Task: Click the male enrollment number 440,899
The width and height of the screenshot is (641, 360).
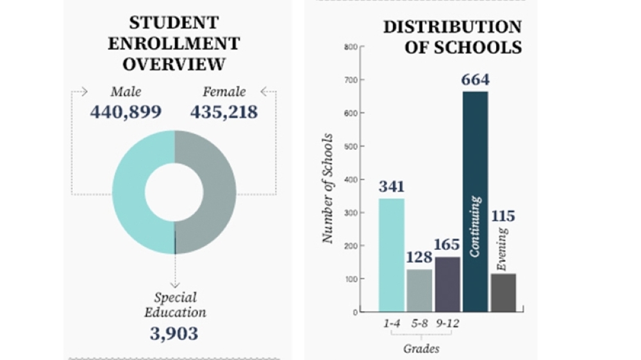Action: [x=126, y=111]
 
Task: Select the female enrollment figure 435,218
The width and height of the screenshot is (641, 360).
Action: [x=224, y=111]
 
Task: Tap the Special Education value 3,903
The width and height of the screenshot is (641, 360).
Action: [x=174, y=334]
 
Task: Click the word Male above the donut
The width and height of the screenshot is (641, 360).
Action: [x=126, y=92]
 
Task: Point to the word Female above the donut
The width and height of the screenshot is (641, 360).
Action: [x=224, y=92]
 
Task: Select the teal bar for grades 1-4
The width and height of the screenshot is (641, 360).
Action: [x=392, y=256]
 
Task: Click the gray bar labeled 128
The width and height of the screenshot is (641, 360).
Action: [x=419, y=291]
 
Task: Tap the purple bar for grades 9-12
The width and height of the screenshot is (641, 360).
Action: [x=447, y=284]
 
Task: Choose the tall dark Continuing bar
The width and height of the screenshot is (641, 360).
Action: [x=476, y=202]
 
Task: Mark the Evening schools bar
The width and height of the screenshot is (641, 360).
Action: [x=503, y=293]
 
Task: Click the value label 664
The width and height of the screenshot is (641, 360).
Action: [x=476, y=79]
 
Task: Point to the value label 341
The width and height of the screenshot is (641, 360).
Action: [x=392, y=186]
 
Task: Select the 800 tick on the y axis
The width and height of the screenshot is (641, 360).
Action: [x=351, y=47]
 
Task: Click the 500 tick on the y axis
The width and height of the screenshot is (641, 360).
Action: [x=351, y=146]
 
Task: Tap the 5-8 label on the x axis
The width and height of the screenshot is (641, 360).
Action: [x=419, y=323]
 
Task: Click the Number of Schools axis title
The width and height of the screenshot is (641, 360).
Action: [x=328, y=188]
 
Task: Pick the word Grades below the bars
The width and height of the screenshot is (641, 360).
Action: [x=422, y=348]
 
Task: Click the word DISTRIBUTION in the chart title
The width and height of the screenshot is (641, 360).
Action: [x=453, y=27]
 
